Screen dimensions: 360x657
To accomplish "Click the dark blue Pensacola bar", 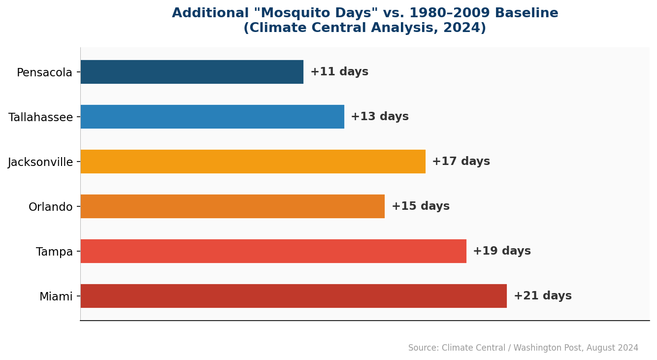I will point(192,72).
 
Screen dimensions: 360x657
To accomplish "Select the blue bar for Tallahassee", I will point(212,117).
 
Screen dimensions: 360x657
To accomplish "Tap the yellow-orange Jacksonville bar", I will point(253,162).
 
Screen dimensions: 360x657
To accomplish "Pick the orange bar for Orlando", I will point(232,206).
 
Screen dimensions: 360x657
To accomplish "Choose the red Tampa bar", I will point(273,251).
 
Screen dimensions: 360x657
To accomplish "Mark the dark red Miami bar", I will point(294,296).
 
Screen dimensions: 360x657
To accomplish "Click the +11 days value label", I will point(339,72).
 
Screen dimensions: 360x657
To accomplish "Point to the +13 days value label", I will point(380,117).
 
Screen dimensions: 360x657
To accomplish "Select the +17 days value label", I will point(461,162).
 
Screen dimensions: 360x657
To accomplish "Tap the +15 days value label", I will point(421,206).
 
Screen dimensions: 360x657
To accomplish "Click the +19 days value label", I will point(502,251).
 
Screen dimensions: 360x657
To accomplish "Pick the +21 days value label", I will point(543,296).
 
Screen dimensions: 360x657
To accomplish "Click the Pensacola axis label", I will point(44,73).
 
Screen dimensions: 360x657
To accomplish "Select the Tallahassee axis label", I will point(40,118).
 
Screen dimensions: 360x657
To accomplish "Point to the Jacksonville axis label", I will point(40,163).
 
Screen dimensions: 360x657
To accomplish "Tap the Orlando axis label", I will point(50,207).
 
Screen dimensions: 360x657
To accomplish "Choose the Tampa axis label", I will point(54,252).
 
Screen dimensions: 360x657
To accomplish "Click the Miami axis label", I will point(56,297).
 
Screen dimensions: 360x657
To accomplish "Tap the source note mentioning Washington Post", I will point(523,348).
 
